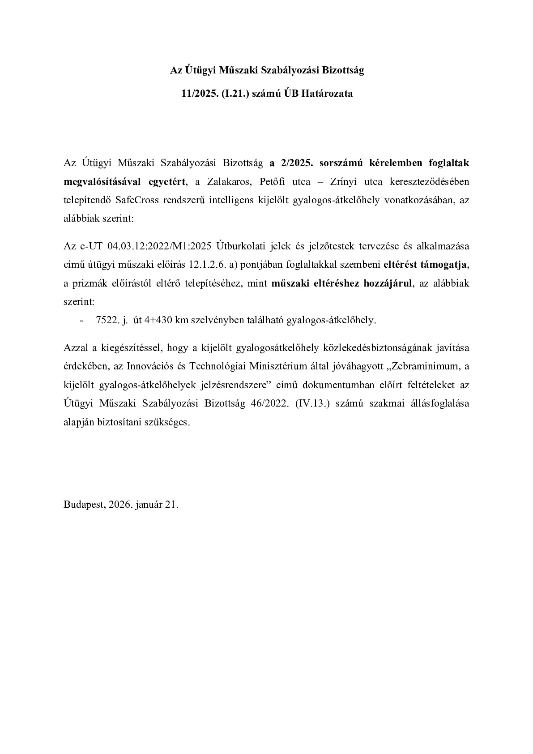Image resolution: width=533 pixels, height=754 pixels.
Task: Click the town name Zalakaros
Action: tap(225, 181)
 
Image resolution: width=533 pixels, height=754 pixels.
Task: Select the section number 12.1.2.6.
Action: tap(207, 265)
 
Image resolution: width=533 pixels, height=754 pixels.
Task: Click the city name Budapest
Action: tap(84, 505)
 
